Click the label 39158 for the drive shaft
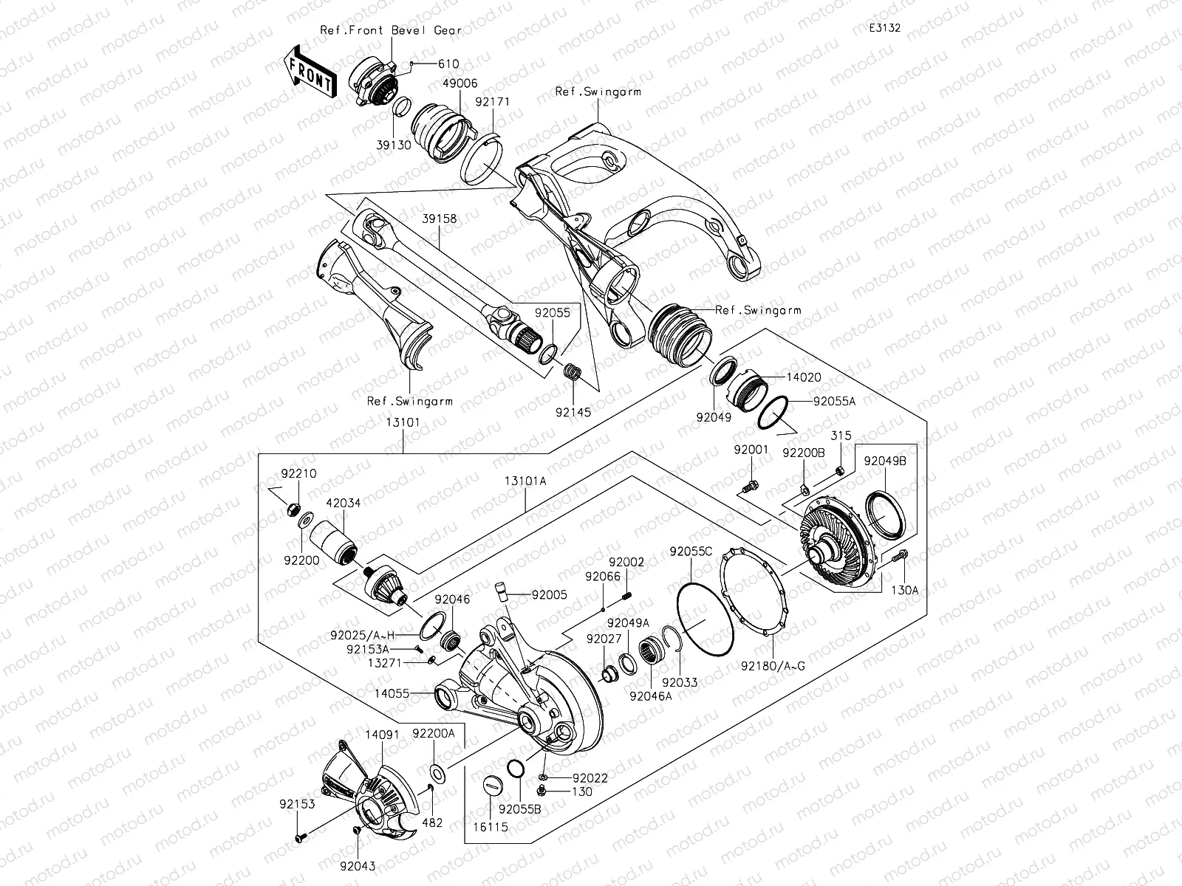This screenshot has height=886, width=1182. (439, 219)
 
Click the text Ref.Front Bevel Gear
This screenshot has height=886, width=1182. (391, 30)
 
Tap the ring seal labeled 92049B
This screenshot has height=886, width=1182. (882, 510)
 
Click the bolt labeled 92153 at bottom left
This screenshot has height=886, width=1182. (301, 837)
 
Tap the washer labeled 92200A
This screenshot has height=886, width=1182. (437, 774)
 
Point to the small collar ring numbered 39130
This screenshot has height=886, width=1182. (403, 107)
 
